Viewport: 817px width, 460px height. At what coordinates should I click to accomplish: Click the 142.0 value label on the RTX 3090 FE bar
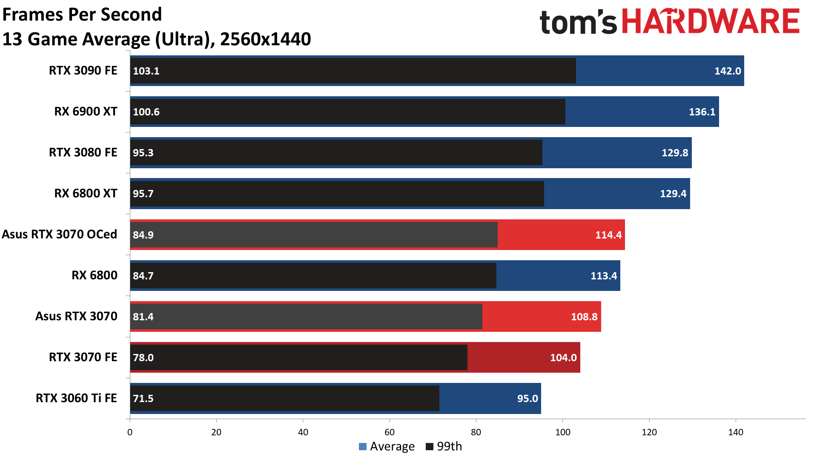(x=727, y=71)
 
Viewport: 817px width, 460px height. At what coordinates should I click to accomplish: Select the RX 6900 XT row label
(x=86, y=112)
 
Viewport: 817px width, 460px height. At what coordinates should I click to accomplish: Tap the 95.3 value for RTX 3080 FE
(x=143, y=153)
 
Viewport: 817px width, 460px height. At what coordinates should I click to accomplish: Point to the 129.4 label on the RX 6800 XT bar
(x=673, y=194)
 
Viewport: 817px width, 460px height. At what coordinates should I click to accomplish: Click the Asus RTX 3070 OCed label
(x=59, y=234)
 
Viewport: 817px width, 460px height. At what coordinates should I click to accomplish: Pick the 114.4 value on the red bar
(x=608, y=235)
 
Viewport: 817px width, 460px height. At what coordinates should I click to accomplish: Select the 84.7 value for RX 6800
(x=143, y=276)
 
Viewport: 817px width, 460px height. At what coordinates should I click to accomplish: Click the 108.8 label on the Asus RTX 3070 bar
(x=584, y=317)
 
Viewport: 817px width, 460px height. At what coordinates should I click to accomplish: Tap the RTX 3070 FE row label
(x=83, y=357)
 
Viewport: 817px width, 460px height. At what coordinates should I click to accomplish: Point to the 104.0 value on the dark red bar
(x=563, y=358)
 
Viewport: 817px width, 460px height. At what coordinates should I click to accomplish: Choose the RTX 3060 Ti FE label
(x=76, y=398)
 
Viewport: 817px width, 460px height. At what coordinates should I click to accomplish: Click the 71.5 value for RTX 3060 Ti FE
(x=143, y=399)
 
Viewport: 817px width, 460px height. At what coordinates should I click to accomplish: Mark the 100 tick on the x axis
(x=562, y=432)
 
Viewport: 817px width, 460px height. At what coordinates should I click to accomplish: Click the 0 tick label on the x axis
(x=130, y=432)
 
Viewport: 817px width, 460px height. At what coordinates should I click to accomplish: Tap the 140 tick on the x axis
(x=735, y=432)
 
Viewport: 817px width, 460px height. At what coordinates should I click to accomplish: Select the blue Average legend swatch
(x=363, y=446)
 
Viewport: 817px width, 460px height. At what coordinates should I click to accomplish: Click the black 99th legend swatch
(x=429, y=446)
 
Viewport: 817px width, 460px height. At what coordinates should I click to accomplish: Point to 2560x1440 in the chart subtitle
(x=266, y=39)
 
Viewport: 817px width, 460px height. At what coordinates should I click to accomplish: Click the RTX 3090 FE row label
(x=83, y=71)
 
